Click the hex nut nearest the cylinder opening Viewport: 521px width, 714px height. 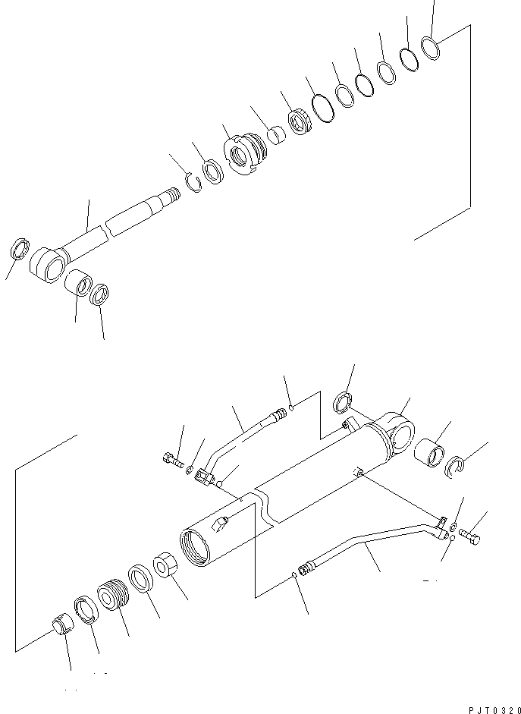pos(166,569)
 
